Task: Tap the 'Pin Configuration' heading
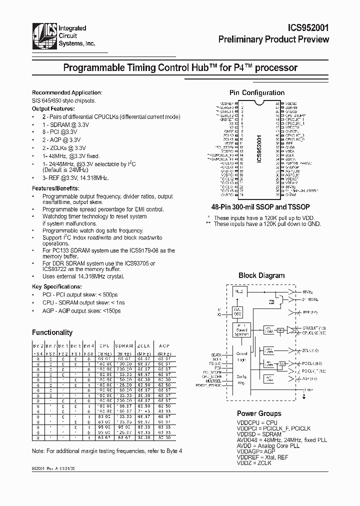256,92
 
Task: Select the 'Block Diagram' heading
261,275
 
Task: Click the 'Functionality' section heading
52,332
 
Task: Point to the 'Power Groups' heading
258,413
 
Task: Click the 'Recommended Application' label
66,92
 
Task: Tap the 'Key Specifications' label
57,286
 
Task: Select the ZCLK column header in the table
143,345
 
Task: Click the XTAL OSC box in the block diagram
237,312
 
